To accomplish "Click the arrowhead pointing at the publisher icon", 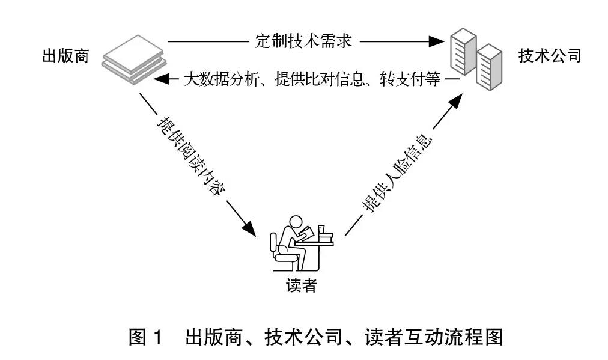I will (162, 78).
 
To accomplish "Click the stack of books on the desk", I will (325, 236).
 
